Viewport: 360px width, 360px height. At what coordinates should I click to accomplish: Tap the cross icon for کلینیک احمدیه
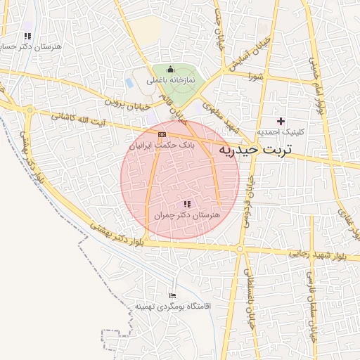click(281, 122)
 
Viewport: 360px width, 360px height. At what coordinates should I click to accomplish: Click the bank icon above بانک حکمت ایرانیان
click(162, 134)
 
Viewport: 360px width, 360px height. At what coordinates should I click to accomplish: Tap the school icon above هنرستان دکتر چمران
click(186, 203)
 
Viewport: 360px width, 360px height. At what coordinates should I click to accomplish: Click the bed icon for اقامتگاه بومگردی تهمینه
click(173, 296)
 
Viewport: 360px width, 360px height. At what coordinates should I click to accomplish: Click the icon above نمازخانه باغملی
click(169, 69)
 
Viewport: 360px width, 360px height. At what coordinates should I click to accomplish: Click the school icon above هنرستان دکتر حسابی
click(27, 36)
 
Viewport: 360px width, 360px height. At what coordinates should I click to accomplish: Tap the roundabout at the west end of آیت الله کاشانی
click(30, 110)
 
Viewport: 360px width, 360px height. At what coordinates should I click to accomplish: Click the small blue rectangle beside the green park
click(130, 82)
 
